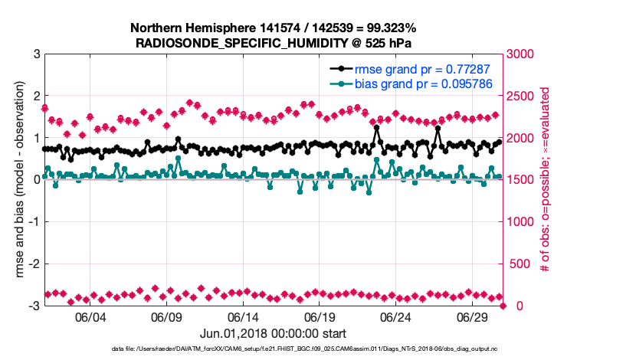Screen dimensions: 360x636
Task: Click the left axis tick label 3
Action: tap(36, 54)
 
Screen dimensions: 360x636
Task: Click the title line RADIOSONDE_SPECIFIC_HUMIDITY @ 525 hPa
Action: tap(274, 43)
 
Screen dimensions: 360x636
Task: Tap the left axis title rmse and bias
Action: tap(17, 179)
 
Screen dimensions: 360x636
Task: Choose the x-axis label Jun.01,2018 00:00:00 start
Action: tap(274, 333)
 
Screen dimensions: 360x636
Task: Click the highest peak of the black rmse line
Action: tap(438, 129)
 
